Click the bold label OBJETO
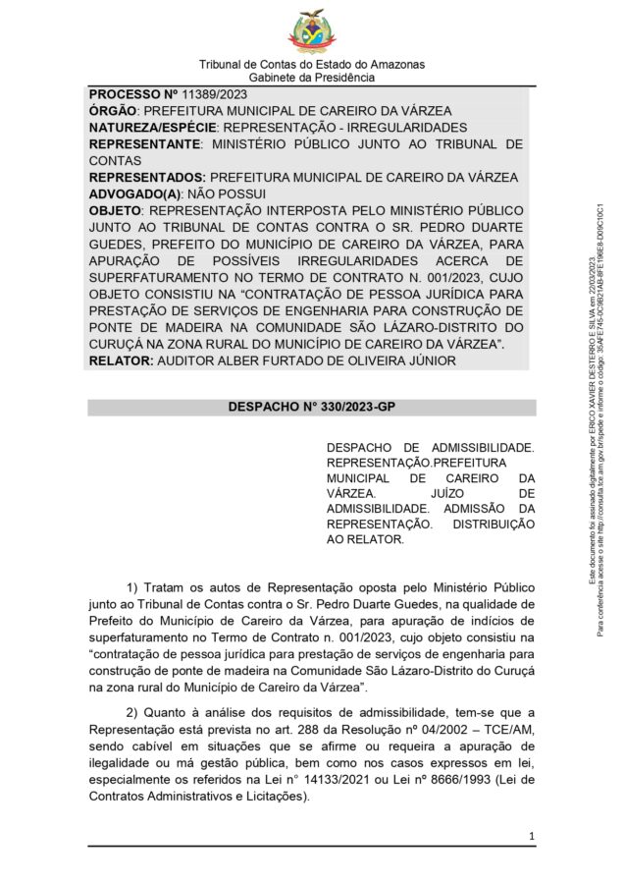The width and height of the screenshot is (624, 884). [x=114, y=211]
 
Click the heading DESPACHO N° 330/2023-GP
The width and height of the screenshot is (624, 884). [x=311, y=405]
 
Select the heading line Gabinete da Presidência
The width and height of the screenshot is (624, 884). [x=312, y=77]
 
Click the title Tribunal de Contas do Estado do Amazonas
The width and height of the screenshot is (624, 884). [x=312, y=64]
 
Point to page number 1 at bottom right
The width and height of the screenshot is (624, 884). [x=531, y=836]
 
